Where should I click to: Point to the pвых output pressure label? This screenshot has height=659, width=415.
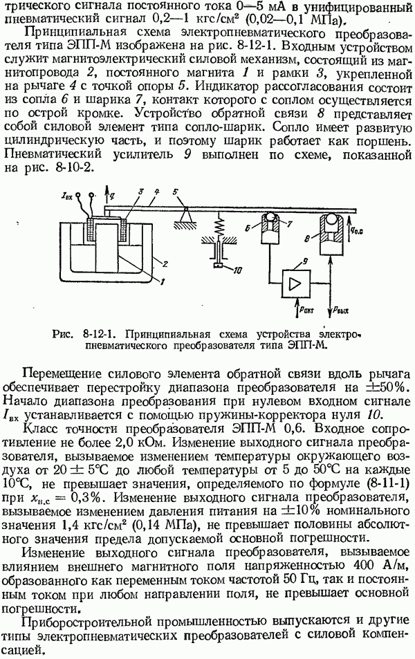pos(341,313)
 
